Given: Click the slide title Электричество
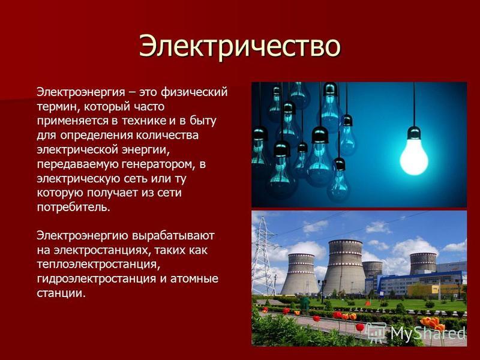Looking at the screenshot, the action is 239,47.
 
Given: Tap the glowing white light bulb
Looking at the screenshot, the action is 414,157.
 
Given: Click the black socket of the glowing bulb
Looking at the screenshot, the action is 414,133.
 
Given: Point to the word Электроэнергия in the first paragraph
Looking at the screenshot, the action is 81,92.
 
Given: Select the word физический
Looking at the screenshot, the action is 194,92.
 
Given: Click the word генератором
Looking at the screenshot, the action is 158,164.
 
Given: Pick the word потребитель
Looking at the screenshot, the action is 73,207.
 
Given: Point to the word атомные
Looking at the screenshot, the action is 194,279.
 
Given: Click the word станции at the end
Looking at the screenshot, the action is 61,293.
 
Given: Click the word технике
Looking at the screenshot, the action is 143,121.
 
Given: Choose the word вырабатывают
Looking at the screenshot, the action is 173,236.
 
